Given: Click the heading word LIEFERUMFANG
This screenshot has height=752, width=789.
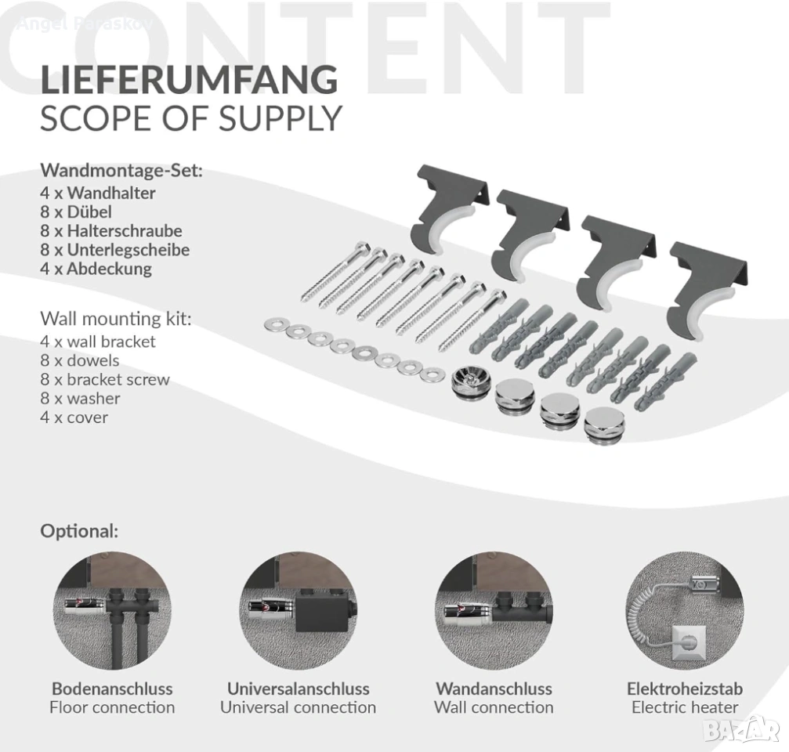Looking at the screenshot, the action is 189,79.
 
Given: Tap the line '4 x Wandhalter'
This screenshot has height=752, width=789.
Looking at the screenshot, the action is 98,193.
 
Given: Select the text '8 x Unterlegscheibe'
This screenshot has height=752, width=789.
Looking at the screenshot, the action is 114,250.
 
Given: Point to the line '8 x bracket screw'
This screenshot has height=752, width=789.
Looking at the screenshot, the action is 105,379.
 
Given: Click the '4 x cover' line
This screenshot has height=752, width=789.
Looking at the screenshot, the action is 74,418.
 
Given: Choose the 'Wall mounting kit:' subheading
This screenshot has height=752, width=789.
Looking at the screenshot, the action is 116,319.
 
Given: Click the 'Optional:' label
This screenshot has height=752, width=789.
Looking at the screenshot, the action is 79,531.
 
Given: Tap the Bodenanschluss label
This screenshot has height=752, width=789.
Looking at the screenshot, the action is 112,688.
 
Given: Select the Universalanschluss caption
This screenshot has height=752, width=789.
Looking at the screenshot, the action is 299,688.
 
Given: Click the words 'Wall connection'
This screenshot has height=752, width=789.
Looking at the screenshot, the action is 494,707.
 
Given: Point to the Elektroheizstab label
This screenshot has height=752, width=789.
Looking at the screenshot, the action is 685,688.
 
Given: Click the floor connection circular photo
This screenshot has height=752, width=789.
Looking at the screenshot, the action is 112,611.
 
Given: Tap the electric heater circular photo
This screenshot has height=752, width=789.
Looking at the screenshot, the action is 685,611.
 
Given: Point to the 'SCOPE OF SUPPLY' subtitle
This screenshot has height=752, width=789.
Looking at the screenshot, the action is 191,119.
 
